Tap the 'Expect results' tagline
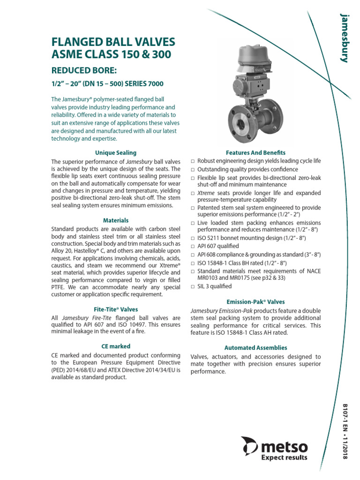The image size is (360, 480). pos(285,457)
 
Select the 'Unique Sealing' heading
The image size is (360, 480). pos(116,153)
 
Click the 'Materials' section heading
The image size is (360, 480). pos(116,220)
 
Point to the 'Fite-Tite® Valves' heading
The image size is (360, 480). pos(116,309)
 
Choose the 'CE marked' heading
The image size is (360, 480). pos(116,346)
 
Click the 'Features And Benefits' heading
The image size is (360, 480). pos(255,153)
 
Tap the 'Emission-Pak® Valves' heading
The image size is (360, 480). pos(255,302)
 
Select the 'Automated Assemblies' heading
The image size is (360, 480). pos(255,348)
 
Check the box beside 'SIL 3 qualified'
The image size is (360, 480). pos(193,287)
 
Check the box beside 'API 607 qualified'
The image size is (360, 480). pos(193,247)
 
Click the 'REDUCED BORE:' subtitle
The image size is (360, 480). pos(83,71)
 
